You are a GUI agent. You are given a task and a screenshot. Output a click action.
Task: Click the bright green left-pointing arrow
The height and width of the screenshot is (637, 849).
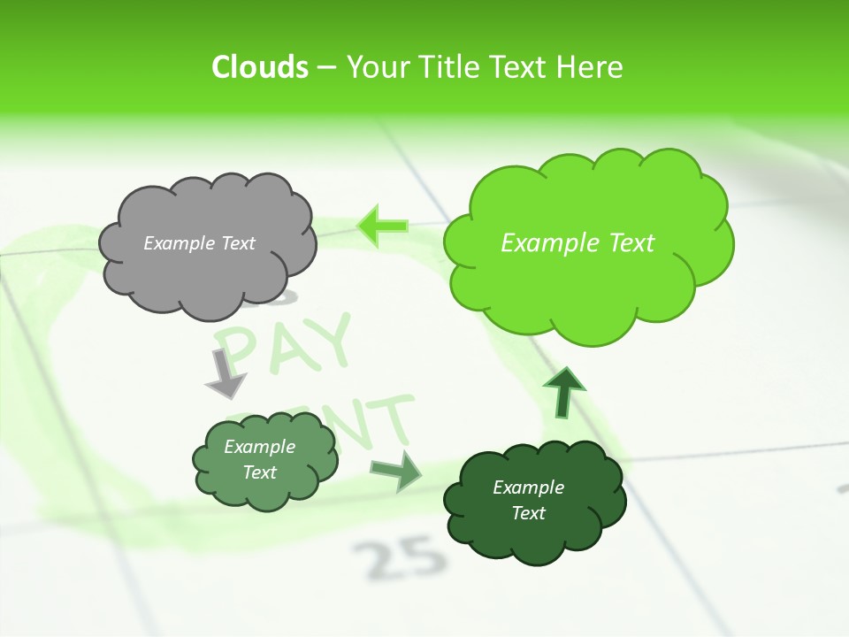click(x=383, y=226)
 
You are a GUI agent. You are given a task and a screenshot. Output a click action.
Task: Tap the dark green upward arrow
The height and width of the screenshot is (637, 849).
click(x=564, y=392)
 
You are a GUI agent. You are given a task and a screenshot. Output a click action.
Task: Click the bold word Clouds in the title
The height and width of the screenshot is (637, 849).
click(x=260, y=67)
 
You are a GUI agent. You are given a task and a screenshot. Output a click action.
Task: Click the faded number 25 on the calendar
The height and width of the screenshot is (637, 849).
click(x=397, y=556)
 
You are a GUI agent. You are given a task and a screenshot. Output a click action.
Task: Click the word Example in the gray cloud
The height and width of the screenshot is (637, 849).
click(x=178, y=242)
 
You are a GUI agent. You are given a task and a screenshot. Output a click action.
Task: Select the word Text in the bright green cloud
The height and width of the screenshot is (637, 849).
click(x=624, y=243)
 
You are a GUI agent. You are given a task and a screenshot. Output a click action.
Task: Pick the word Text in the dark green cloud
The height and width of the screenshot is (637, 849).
click(x=528, y=513)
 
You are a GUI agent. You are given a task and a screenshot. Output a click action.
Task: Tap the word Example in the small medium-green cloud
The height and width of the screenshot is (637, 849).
click(x=259, y=447)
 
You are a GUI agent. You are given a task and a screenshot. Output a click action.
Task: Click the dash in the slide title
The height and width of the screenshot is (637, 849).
click(x=326, y=67)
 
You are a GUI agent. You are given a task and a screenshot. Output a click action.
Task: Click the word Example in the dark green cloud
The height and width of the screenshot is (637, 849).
click(x=528, y=487)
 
